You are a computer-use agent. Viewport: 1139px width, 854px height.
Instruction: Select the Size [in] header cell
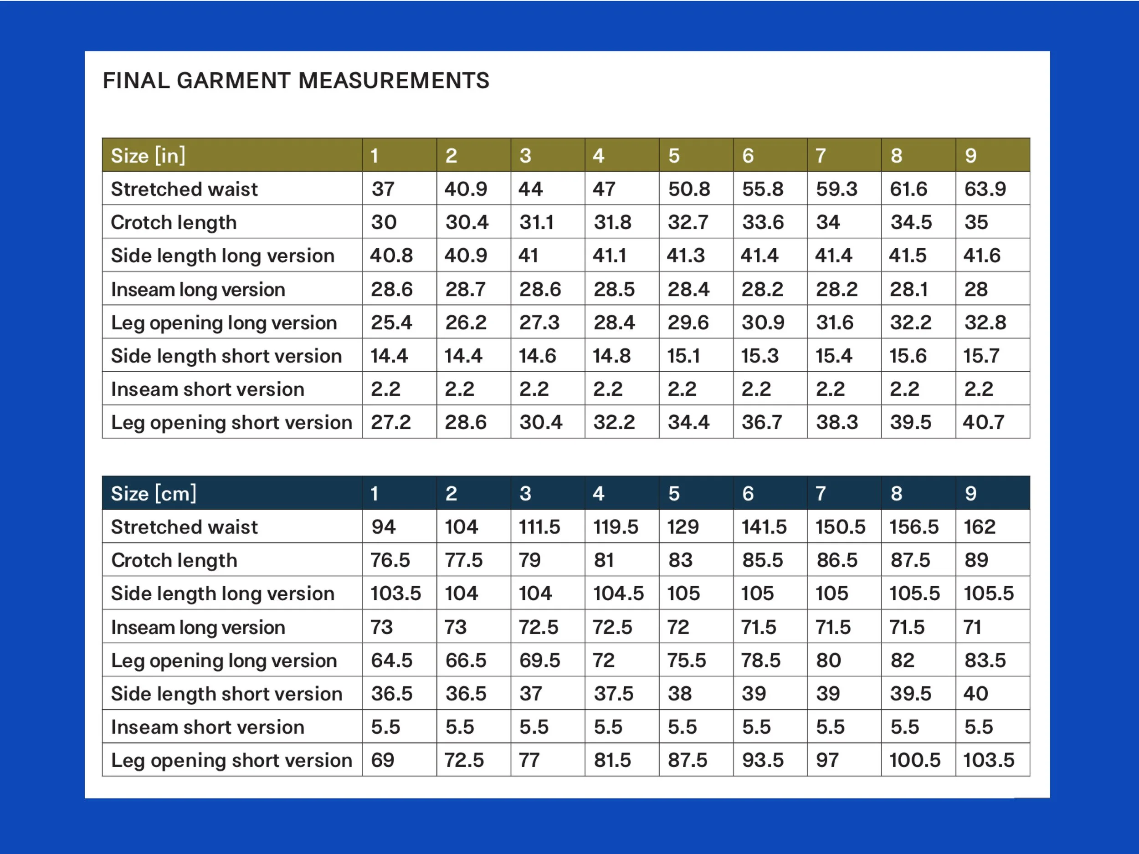(x=232, y=155)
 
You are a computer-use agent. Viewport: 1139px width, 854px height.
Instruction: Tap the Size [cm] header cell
(x=232, y=493)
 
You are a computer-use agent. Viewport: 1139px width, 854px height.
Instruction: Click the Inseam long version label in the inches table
(x=198, y=290)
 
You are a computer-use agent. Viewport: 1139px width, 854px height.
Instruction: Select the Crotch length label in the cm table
(x=174, y=561)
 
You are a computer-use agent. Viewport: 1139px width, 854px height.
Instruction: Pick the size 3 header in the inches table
(x=548, y=155)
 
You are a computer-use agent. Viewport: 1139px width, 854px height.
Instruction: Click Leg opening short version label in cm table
(x=232, y=760)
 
